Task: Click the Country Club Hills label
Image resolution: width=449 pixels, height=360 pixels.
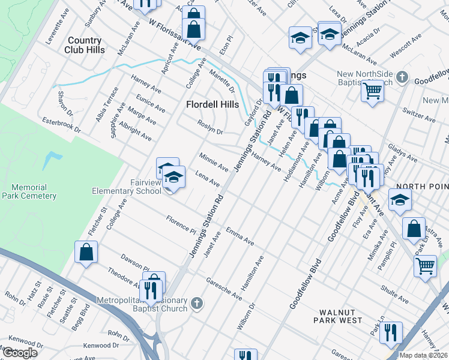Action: [x=85, y=45]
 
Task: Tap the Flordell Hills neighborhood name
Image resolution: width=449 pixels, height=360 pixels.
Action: [x=212, y=104]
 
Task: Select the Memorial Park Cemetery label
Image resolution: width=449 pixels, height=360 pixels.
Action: [x=29, y=191]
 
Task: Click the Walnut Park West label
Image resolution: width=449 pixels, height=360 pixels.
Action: [x=341, y=316]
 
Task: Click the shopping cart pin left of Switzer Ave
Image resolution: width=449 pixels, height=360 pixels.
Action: [x=372, y=91]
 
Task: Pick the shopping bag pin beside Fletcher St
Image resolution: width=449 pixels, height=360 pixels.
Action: [x=86, y=251]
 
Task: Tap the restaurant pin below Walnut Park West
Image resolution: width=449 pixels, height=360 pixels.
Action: [x=391, y=332]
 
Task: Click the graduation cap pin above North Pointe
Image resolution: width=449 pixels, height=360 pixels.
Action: [x=399, y=200]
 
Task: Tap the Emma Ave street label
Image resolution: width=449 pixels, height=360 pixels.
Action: [x=240, y=236]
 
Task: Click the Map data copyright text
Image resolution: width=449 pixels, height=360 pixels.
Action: [x=423, y=355]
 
